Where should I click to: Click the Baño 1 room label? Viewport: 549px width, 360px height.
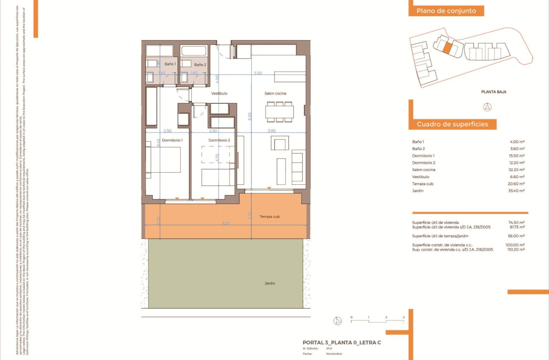170,64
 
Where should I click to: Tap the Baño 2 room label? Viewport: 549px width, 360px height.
200,65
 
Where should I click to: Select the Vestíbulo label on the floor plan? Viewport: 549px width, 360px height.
219,93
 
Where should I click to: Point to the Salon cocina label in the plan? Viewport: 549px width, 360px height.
275,93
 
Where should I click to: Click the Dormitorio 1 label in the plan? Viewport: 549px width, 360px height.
172,140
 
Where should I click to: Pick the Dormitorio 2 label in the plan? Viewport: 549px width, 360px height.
219,140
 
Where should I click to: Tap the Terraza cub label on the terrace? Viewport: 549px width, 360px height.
269,217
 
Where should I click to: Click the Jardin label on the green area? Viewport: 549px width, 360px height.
270,283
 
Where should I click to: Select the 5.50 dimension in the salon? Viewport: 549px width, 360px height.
258,73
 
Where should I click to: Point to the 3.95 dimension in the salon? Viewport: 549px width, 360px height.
272,131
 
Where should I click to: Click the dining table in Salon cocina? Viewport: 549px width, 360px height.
279,112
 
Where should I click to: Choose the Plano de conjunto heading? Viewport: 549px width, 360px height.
446,11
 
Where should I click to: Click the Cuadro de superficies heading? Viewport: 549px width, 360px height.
452,124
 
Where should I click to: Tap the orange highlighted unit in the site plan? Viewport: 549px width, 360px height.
447,48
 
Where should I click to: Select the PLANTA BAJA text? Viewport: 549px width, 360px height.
493,92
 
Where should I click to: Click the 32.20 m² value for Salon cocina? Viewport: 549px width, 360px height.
516,170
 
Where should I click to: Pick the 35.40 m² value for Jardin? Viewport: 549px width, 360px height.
516,191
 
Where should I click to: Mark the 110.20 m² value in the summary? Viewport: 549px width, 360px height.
516,249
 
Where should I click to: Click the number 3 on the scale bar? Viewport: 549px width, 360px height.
403,317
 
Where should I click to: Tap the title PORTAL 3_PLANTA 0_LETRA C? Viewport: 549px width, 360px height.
342,342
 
